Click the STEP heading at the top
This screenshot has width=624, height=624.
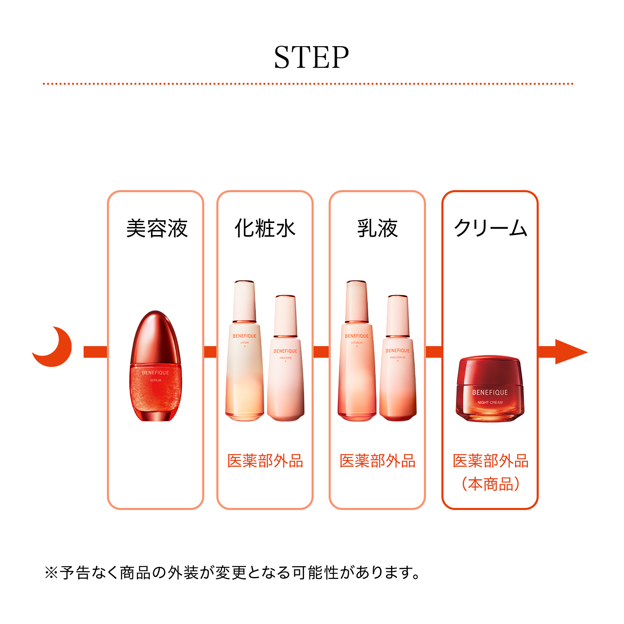[311, 57]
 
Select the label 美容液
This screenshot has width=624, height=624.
[157, 228]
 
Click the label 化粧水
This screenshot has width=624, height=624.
[265, 228]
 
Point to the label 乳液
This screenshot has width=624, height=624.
[377, 228]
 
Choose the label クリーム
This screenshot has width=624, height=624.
[490, 228]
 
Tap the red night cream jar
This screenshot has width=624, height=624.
[490, 389]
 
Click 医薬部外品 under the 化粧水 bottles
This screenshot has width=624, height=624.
[265, 461]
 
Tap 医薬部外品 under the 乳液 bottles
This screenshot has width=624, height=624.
[377, 461]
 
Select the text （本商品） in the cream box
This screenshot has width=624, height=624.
[490, 484]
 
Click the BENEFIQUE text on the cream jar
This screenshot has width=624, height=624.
[490, 392]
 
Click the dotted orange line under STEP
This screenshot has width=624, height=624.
[308, 84]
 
